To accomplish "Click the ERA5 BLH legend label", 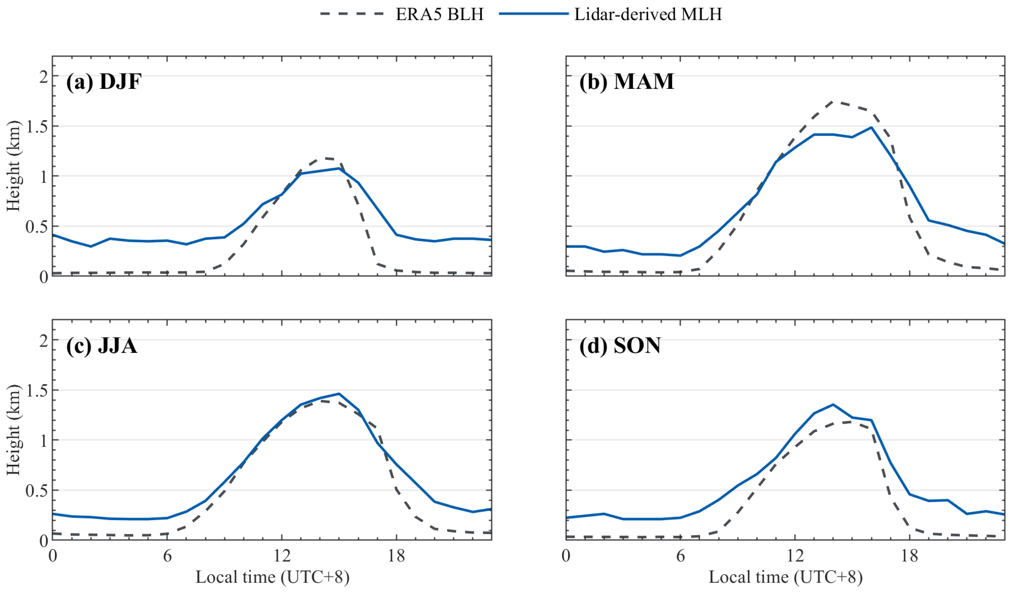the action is (x=439, y=15).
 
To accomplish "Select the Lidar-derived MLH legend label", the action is (x=648, y=15).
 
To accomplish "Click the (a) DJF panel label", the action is (x=104, y=82).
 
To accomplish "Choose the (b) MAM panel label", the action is (x=626, y=82).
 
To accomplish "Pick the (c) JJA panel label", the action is (x=102, y=346).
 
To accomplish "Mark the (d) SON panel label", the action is (x=620, y=346).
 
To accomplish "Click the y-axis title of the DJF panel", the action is (x=13, y=166).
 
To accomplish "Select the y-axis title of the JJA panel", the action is (x=13, y=430).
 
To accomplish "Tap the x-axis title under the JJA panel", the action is (x=272, y=577).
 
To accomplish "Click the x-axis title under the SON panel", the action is (x=786, y=577).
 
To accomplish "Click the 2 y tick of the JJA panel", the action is (x=43, y=340).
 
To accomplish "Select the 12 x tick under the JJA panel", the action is (x=282, y=556).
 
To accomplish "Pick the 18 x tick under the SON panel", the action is (x=910, y=556).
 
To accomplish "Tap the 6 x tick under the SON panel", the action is (x=681, y=556).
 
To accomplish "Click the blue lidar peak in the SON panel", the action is (x=833, y=405).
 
